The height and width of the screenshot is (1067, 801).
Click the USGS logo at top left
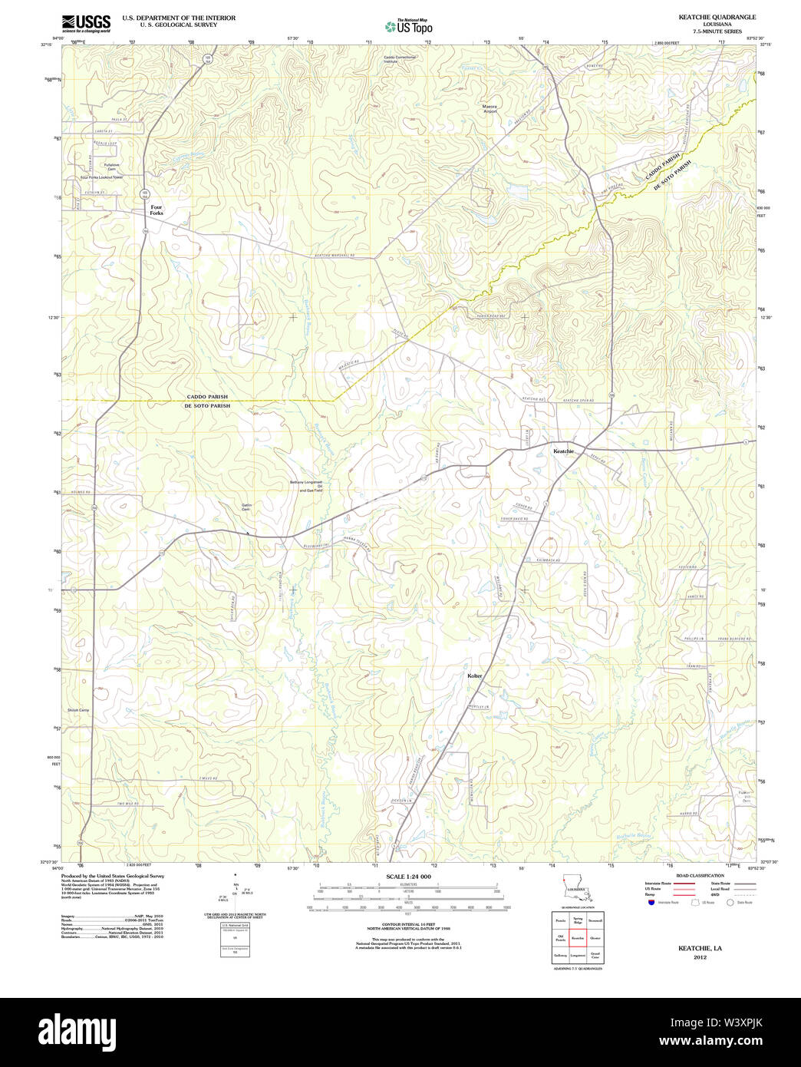(x=86, y=22)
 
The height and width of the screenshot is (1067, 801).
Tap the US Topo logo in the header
(x=409, y=26)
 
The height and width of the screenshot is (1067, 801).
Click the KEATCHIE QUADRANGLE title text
(x=717, y=17)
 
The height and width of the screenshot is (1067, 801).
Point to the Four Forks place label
(x=157, y=210)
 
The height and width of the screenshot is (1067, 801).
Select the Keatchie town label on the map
(x=563, y=451)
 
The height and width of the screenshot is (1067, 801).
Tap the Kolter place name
(x=475, y=676)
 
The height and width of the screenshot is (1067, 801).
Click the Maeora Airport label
(x=489, y=109)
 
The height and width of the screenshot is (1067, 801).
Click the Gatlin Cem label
(x=246, y=507)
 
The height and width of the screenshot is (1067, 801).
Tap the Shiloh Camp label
(x=78, y=710)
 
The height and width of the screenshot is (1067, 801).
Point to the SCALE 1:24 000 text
(x=408, y=877)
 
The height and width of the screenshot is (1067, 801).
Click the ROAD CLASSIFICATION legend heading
(x=699, y=876)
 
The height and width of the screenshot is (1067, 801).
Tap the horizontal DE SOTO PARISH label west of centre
(x=206, y=405)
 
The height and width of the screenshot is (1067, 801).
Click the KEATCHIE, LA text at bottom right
(x=700, y=949)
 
